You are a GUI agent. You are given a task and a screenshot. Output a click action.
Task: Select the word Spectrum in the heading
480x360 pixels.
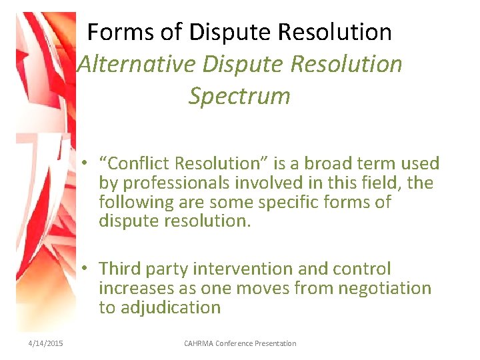coord(239,96)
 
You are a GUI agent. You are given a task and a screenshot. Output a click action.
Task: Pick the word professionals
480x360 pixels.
coord(175,183)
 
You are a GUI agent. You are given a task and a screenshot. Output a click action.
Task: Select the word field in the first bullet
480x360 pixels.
coord(385,183)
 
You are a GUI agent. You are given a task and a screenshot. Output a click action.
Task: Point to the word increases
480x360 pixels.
coord(137,288)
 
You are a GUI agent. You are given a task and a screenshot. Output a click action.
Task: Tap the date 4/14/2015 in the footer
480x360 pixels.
coord(45,343)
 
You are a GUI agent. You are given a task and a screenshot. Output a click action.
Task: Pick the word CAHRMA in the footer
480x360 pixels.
coord(201,343)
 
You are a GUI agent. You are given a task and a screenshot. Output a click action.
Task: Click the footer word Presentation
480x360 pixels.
coord(275,343)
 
